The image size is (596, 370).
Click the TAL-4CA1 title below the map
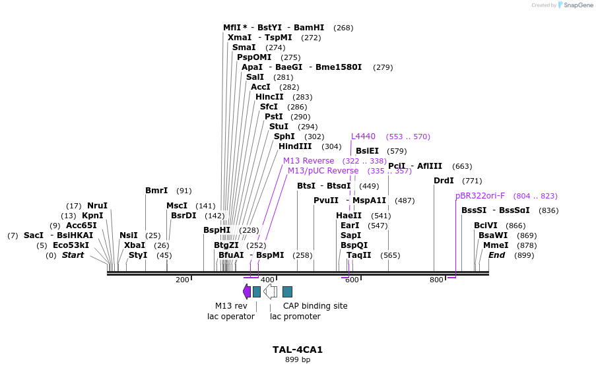pyautogui.click(x=298, y=350)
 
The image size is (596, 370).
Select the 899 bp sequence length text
pyautogui.click(x=298, y=360)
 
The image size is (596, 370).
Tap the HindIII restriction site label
pyautogui.click(x=295, y=146)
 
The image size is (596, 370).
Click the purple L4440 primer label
pyautogui.click(x=363, y=137)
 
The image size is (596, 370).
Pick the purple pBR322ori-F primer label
pyautogui.click(x=480, y=196)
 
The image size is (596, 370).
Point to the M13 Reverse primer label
pyautogui.click(x=308, y=161)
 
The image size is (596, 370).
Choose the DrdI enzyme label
pyautogui.click(x=444, y=181)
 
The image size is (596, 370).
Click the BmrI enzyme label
pyautogui.click(x=156, y=191)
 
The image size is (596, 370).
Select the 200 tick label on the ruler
pyautogui.click(x=182, y=280)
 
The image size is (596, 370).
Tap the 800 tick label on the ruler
pyautogui.click(x=436, y=280)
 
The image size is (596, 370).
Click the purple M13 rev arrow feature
pyautogui.click(x=247, y=292)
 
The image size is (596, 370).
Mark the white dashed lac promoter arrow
pyautogui.click(x=271, y=292)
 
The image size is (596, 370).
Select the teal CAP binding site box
pyautogui.click(x=287, y=292)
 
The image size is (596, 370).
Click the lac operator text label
pyautogui.click(x=231, y=317)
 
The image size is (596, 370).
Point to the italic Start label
pyautogui.click(x=73, y=255)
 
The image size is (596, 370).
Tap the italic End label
pyautogui.click(x=496, y=255)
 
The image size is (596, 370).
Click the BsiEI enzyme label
pyautogui.click(x=368, y=151)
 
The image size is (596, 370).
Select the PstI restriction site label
pyautogui.click(x=274, y=117)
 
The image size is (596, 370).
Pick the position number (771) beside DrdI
pyautogui.click(x=472, y=181)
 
